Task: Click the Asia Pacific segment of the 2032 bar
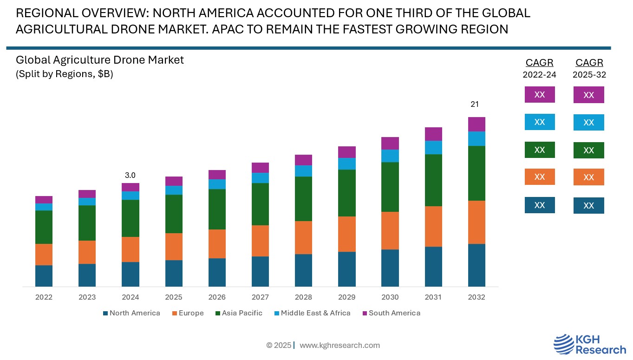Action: click(x=476, y=173)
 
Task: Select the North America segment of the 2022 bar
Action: click(x=44, y=276)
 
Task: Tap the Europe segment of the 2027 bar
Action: click(x=260, y=241)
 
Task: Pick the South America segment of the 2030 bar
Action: click(x=390, y=143)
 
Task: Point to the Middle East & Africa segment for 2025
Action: click(x=174, y=190)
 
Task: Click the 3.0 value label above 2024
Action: click(x=130, y=176)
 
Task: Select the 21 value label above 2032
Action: click(x=475, y=104)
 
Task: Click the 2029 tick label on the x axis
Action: click(x=346, y=297)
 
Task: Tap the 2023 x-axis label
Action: click(x=87, y=297)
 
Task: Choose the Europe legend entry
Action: click(x=188, y=313)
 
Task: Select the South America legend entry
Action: click(x=391, y=313)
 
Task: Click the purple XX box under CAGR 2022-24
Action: click(x=540, y=94)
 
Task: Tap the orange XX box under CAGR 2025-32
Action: click(x=589, y=177)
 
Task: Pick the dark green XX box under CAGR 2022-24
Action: click(x=540, y=150)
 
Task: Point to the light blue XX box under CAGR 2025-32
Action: click(x=589, y=122)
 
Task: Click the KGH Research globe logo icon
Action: click(x=563, y=344)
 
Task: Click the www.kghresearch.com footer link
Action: click(x=339, y=345)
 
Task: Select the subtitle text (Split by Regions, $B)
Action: click(x=65, y=74)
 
